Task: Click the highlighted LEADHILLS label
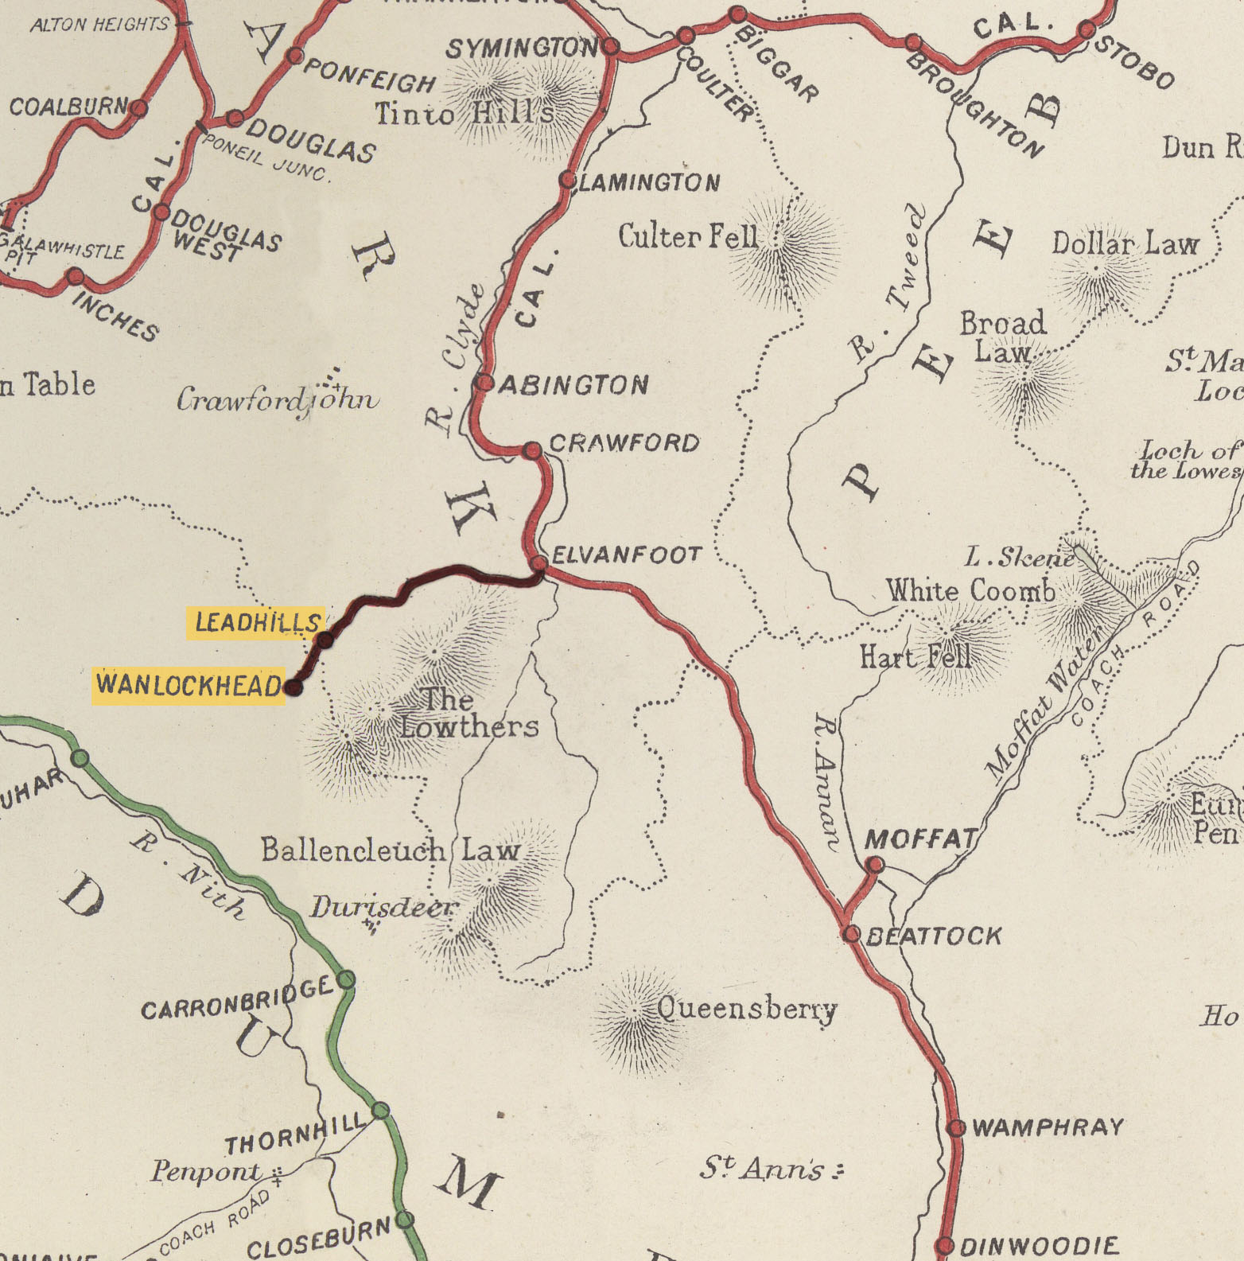[x=256, y=622]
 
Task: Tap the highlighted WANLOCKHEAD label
[x=189, y=685]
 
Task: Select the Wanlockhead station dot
[x=294, y=687]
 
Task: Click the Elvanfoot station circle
[x=539, y=563]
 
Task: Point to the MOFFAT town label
[x=920, y=839]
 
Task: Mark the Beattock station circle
[x=851, y=933]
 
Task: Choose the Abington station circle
[x=484, y=383]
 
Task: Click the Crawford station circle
[x=533, y=451]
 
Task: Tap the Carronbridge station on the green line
[x=346, y=979]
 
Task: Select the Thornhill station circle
[x=381, y=1110]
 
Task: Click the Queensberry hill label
[x=747, y=1009]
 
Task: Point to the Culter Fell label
[x=688, y=236]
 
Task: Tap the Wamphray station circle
[x=957, y=1127]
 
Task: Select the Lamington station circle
[x=567, y=180]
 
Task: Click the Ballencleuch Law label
[x=390, y=850]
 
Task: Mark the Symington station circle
[x=611, y=46]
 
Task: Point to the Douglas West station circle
[x=161, y=212]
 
